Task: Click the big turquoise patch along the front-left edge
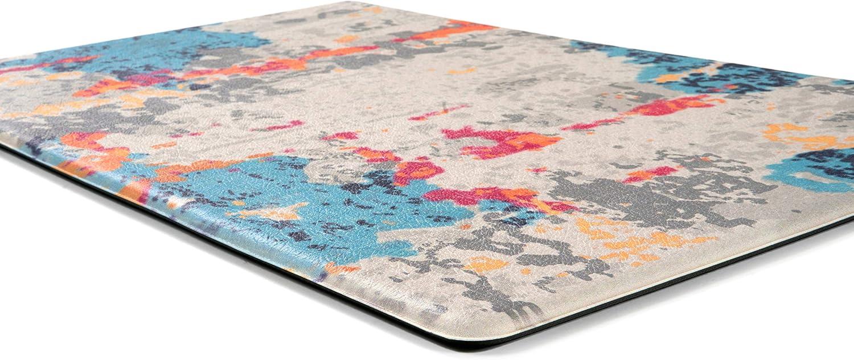pos(319,216)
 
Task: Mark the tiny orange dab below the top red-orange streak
pos(461,71)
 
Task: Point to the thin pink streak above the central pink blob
pos(438,112)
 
